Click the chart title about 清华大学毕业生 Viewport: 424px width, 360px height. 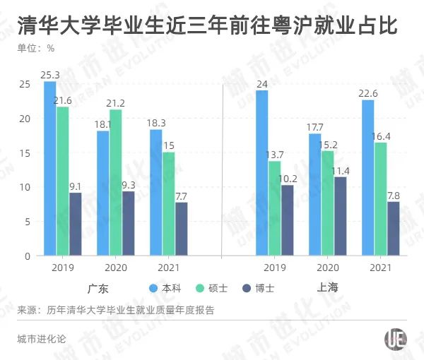[x=206, y=26]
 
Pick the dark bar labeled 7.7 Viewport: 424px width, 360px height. [x=182, y=229]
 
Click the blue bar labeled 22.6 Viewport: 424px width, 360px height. [x=367, y=177]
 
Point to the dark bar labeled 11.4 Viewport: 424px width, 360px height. [x=341, y=216]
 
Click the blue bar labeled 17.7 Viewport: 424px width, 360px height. [x=314, y=194]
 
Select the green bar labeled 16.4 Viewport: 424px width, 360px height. [x=380, y=198]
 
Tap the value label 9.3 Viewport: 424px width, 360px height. [x=128, y=185]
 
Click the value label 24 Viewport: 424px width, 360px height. [x=261, y=85]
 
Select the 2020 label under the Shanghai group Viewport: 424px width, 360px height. [x=327, y=268]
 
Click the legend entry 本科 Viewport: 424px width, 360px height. [x=165, y=288]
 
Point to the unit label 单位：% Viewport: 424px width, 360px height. [x=36, y=49]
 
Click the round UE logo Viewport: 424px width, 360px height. [x=394, y=339]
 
